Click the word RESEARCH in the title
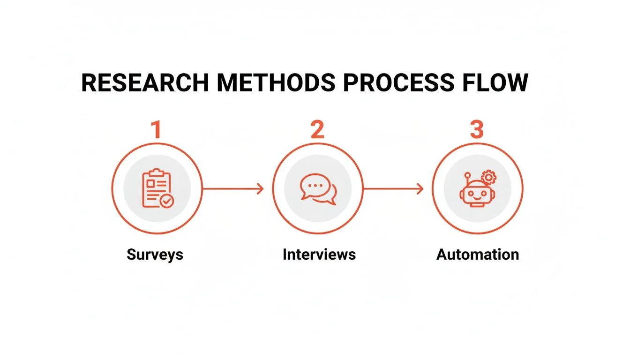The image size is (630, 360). click(x=145, y=83)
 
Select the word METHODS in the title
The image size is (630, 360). click(x=276, y=83)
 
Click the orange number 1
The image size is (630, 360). click(x=156, y=130)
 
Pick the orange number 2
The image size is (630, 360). click(x=317, y=130)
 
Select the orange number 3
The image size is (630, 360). click(x=477, y=130)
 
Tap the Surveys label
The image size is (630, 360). click(x=155, y=255)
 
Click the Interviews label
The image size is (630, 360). click(x=319, y=255)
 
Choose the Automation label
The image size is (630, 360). click(x=478, y=255)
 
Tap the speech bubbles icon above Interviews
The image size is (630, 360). click(x=318, y=189)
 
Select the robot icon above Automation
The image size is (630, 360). click(x=477, y=190)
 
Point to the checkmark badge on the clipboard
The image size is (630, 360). click(x=166, y=201)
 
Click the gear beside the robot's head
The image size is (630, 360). click(x=489, y=178)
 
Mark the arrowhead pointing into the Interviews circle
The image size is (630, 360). click(x=260, y=189)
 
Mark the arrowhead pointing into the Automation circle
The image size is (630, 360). click(x=420, y=189)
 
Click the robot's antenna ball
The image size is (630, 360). click(x=467, y=175)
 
